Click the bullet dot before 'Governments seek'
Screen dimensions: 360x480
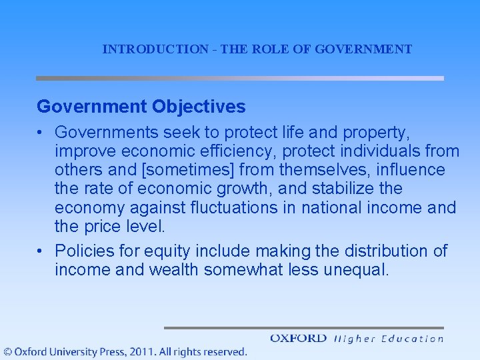[41, 133]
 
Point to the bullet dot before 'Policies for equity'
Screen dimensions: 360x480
[41, 251]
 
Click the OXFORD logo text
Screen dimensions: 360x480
[298, 339]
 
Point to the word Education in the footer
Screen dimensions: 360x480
[412, 339]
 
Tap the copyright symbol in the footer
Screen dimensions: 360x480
[8, 351]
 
